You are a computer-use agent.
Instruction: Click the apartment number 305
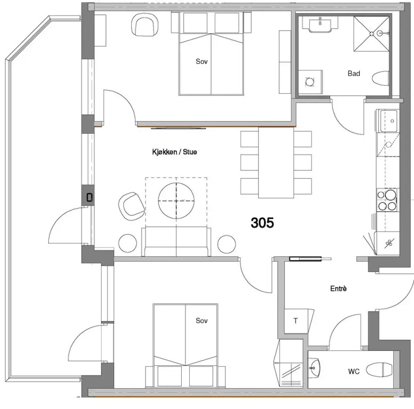(262, 223)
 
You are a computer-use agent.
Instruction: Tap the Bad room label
(354, 73)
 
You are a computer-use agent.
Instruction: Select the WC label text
(354, 371)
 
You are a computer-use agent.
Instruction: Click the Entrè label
(339, 288)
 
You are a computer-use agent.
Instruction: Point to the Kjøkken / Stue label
(174, 152)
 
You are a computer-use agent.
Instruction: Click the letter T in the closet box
(295, 321)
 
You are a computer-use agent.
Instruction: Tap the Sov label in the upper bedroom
(202, 61)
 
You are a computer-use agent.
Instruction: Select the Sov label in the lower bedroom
(202, 321)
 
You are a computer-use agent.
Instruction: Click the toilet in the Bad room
(381, 78)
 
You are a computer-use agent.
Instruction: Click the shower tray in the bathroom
(371, 34)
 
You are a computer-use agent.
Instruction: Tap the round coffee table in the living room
(176, 201)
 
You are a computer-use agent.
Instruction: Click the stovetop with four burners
(387, 200)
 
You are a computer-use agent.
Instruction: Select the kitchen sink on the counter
(388, 121)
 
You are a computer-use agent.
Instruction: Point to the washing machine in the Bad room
(310, 82)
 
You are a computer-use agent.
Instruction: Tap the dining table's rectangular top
(276, 163)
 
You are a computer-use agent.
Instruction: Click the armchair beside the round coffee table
(131, 206)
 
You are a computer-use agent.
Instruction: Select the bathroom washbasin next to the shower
(320, 24)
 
